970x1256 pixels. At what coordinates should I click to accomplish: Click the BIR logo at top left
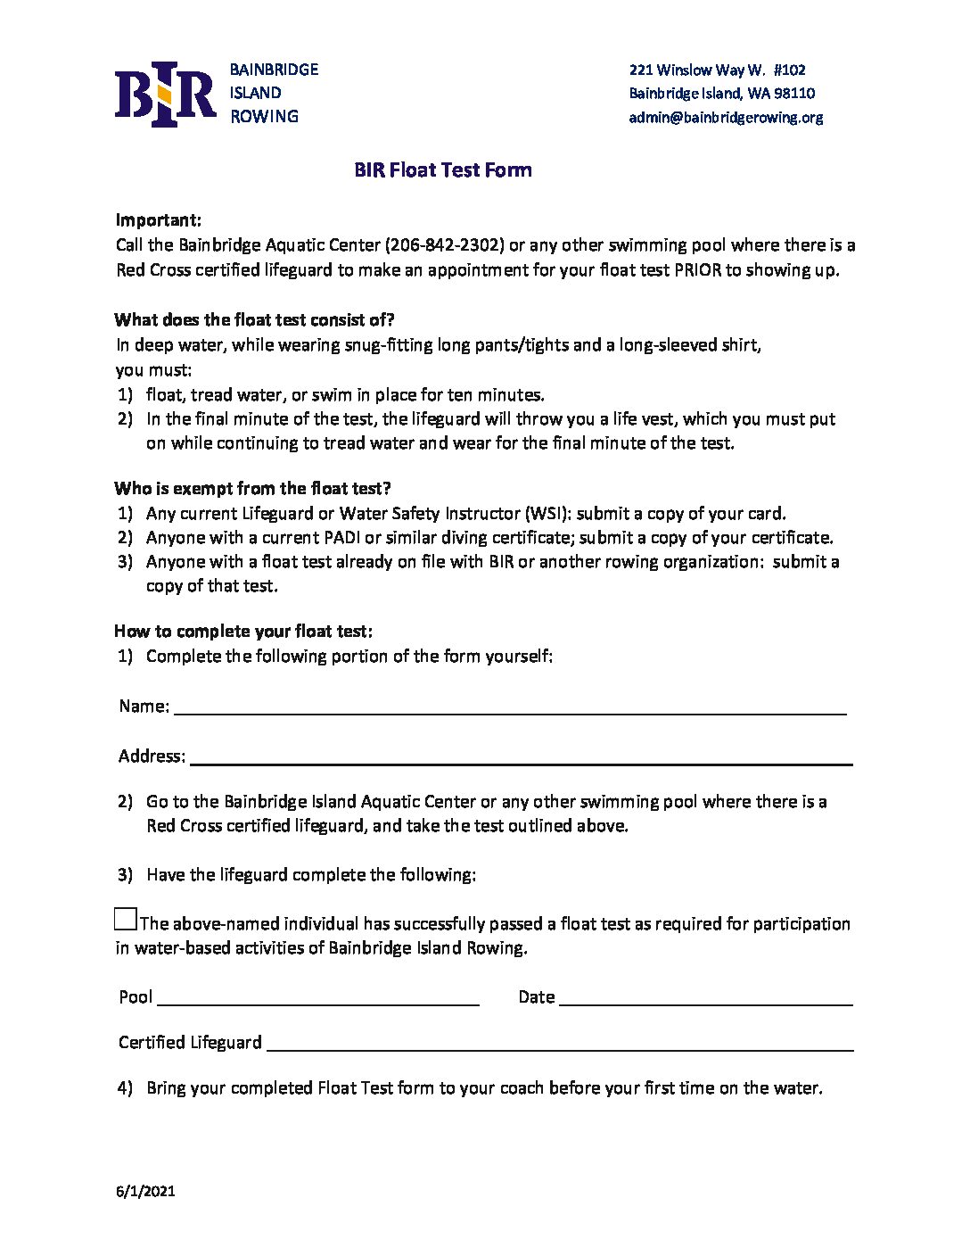click(166, 94)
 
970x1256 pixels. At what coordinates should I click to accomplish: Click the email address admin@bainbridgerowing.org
click(726, 117)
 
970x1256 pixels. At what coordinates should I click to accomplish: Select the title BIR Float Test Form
click(442, 169)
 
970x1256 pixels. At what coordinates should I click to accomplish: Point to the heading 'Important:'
click(159, 219)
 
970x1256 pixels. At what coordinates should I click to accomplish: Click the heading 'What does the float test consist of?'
click(254, 319)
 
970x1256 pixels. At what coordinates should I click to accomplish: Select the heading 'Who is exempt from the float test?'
click(252, 488)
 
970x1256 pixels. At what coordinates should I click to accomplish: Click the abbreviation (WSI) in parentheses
click(547, 513)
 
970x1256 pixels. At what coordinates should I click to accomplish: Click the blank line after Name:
click(509, 706)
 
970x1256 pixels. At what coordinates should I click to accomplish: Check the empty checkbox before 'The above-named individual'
click(126, 919)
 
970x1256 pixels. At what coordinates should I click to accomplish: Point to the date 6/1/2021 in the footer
click(145, 1191)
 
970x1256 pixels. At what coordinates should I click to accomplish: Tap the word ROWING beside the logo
click(264, 116)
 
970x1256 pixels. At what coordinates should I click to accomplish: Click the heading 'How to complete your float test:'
click(243, 631)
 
